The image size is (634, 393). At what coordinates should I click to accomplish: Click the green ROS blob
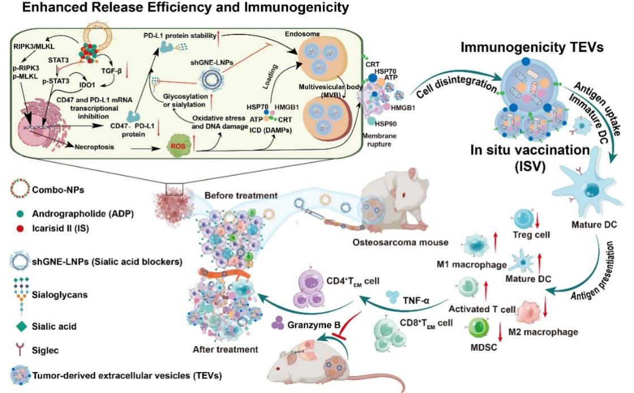[x=177, y=149]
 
